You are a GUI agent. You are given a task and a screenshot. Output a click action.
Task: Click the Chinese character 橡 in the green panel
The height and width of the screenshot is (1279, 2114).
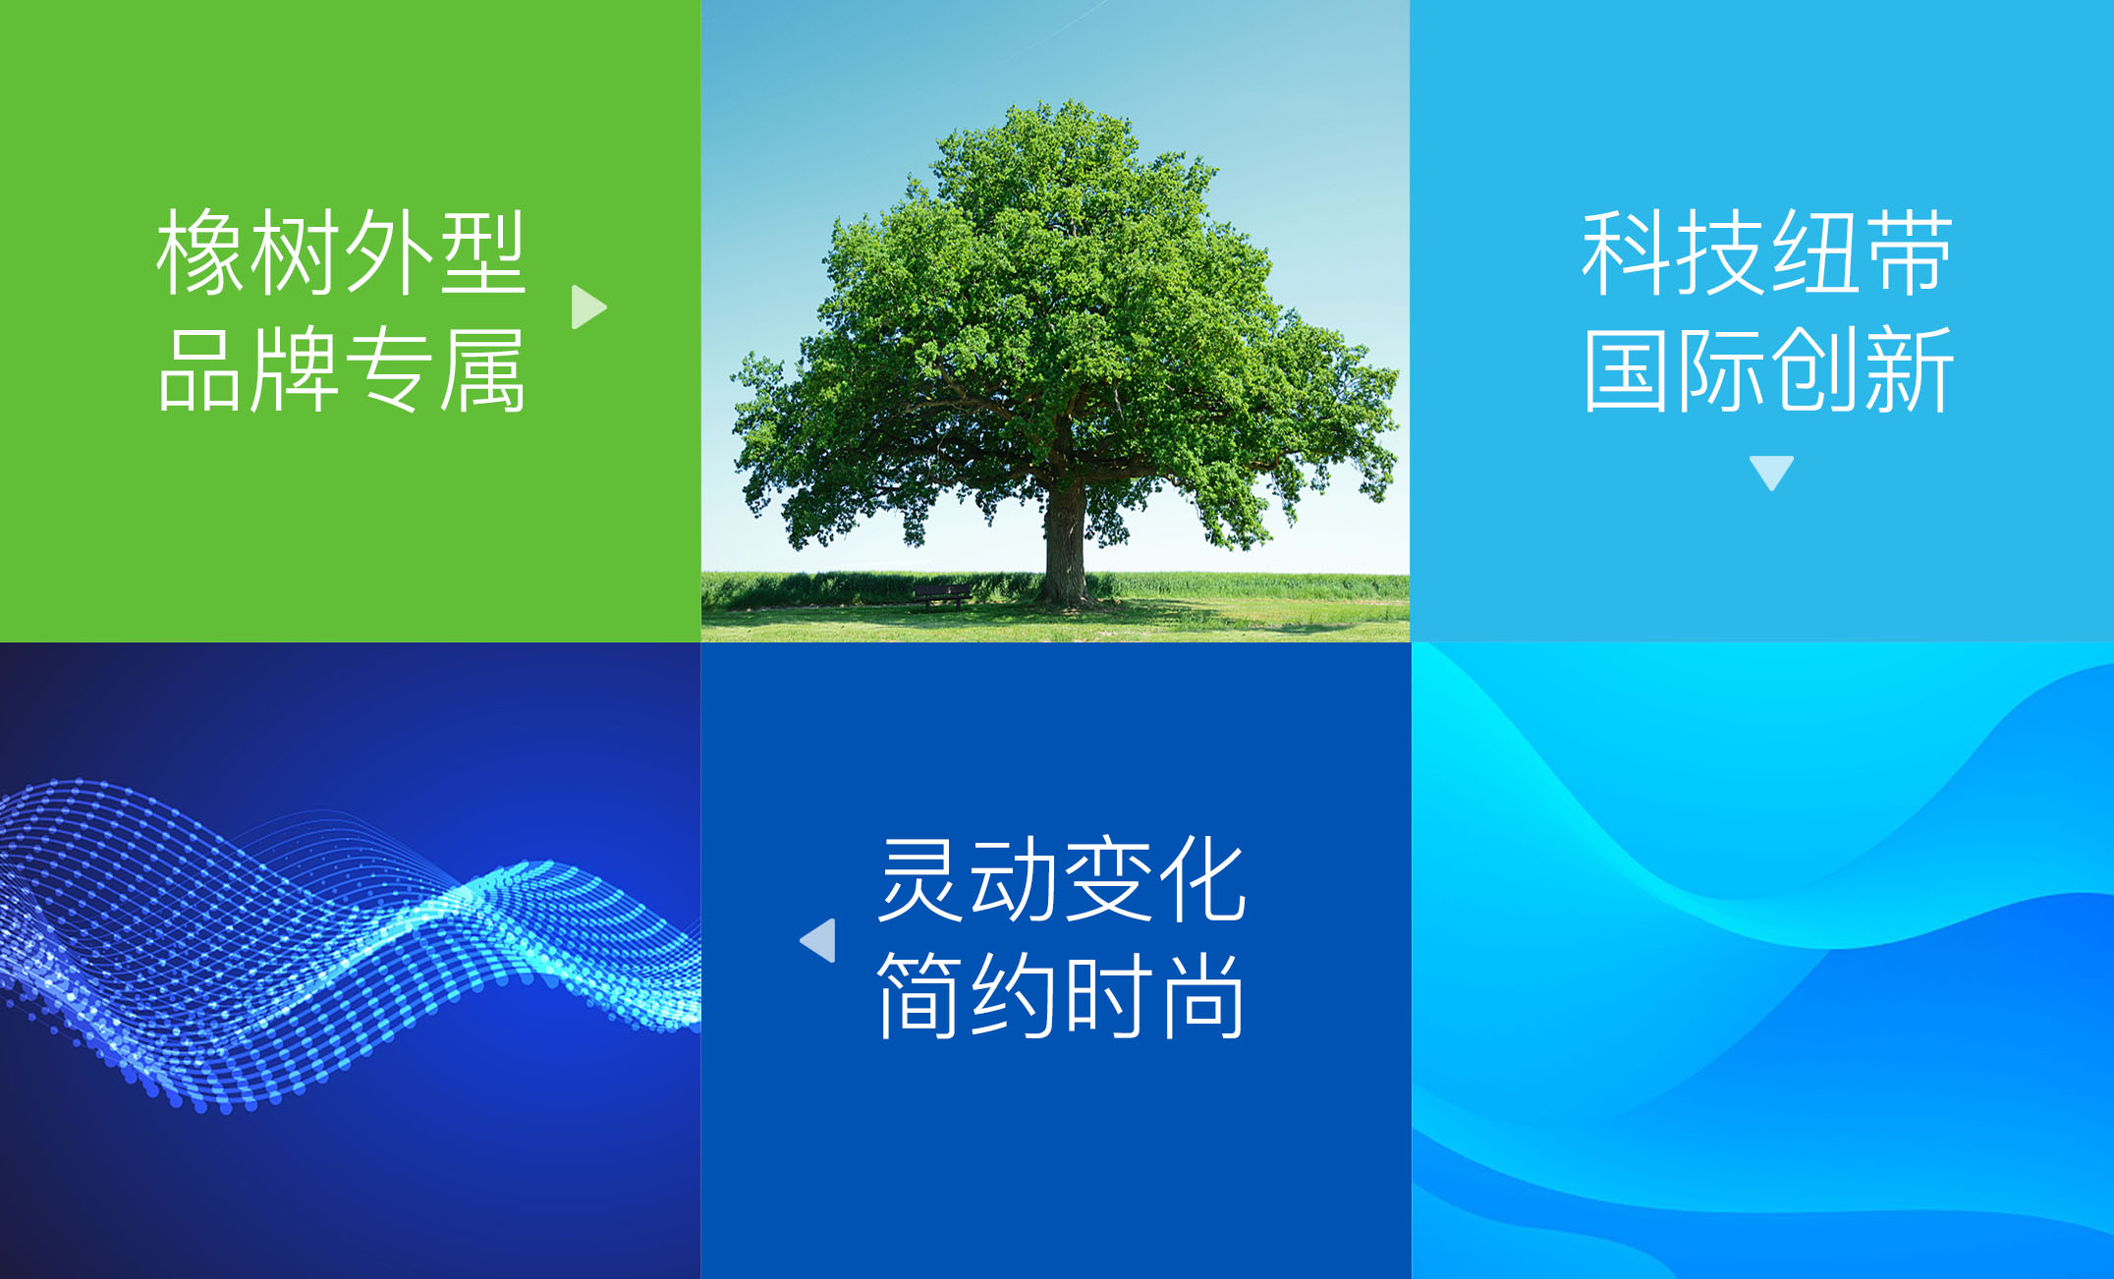click(x=202, y=252)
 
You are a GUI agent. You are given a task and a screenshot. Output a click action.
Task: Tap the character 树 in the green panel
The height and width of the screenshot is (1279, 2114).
click(x=296, y=252)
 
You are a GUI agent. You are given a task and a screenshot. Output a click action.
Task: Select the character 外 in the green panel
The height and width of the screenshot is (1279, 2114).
click(x=389, y=252)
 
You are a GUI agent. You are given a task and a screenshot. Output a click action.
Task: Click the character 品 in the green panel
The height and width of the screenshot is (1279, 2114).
click(x=202, y=369)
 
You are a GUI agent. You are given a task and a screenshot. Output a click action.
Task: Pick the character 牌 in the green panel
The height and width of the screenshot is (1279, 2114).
click(x=296, y=369)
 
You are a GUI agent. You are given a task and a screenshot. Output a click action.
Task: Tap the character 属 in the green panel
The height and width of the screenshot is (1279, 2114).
click(x=482, y=369)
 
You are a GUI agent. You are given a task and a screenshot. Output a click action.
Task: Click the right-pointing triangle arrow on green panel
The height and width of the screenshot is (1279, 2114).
click(x=588, y=307)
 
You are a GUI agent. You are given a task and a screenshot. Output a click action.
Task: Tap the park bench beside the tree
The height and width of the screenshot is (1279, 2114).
click(x=941, y=595)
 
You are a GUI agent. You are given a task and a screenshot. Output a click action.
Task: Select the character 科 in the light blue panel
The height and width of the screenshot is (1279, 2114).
click(x=1627, y=252)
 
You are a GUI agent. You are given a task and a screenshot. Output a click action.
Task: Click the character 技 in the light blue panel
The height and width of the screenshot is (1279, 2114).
click(x=1720, y=252)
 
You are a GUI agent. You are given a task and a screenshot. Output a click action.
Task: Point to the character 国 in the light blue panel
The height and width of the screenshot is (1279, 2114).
click(x=1627, y=369)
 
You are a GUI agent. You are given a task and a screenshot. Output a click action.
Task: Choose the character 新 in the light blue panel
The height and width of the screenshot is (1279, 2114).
click(x=1908, y=369)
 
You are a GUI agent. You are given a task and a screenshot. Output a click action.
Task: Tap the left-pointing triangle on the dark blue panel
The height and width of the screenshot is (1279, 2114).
click(x=818, y=940)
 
